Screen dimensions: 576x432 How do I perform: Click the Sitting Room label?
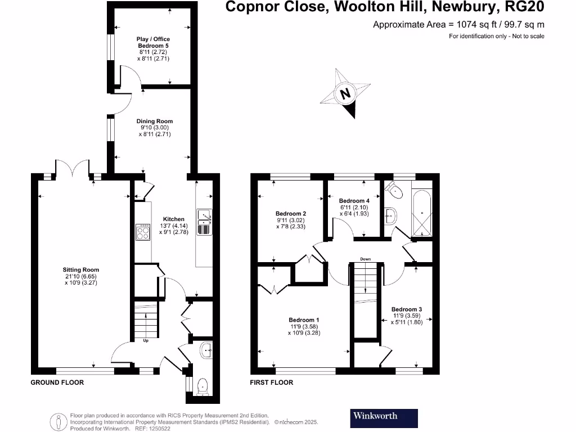(81, 269)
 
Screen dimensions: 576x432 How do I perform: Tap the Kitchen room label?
(174, 219)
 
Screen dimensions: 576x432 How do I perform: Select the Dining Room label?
(155, 121)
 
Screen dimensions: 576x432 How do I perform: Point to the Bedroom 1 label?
(304, 320)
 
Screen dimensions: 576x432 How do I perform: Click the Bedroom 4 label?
(354, 201)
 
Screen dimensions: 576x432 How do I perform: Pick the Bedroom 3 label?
(407, 309)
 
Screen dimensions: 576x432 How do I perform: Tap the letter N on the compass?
(345, 93)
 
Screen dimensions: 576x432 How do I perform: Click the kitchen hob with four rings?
(143, 232)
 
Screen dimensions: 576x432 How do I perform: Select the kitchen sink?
(204, 222)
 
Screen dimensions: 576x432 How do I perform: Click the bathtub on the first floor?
(422, 213)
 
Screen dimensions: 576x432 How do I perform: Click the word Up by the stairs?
(146, 340)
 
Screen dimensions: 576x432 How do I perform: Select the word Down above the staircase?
(366, 259)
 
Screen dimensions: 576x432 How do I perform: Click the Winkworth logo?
(384, 418)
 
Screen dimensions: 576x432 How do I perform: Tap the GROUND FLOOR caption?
(57, 382)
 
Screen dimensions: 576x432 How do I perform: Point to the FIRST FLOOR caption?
(272, 382)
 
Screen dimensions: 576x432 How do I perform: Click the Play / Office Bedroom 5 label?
(153, 42)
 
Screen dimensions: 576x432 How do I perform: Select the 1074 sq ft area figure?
(476, 25)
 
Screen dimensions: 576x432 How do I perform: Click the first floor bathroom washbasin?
(391, 215)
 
